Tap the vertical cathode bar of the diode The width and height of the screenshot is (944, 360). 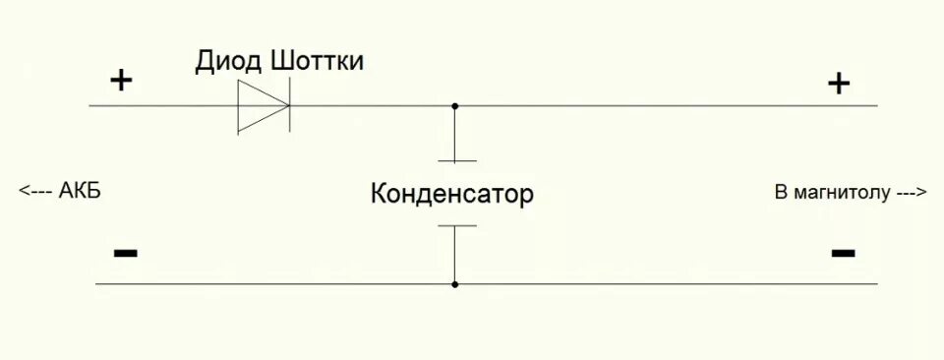290,106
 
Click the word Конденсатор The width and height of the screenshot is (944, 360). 451,194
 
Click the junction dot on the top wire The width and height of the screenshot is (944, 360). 454,106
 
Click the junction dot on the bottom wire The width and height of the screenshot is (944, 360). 454,284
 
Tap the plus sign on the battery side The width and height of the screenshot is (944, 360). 121,81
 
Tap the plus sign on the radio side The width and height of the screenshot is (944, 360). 838,84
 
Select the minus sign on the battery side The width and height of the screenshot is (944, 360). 125,253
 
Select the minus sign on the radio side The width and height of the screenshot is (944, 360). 843,253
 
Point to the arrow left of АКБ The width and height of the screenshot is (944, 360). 36,192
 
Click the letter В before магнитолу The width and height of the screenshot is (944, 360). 781,192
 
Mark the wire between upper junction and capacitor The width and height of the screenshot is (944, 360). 454,134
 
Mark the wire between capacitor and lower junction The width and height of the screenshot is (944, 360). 454,256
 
